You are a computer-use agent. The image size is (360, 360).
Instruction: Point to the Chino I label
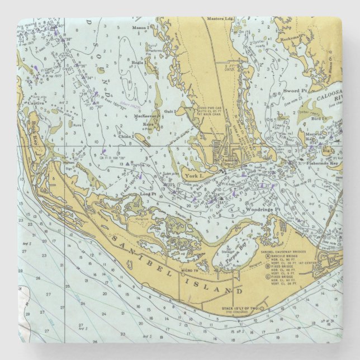point(126,136)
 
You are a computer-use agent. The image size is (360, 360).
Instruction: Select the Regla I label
point(138,63)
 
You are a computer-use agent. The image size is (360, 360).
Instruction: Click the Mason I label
point(141,27)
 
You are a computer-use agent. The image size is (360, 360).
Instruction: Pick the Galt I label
point(170,111)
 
